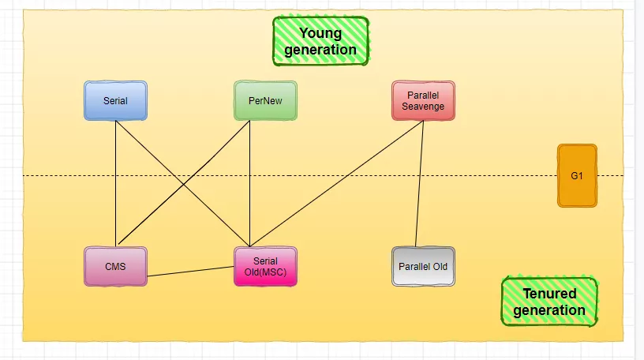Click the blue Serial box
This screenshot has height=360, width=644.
point(115,100)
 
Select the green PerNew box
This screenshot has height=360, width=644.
point(265,100)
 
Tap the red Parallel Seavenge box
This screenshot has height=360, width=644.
point(423,100)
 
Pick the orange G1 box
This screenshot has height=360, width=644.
point(577,175)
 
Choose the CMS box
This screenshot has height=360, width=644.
point(115,266)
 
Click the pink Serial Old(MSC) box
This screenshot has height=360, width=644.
point(265,266)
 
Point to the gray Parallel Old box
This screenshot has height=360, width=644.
point(423,266)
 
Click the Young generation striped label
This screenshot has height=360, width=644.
point(320,41)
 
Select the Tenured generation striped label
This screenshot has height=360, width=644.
point(549,302)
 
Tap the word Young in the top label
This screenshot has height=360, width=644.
point(320,33)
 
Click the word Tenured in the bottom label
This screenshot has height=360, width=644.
point(549,294)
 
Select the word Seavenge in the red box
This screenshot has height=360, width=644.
point(423,106)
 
